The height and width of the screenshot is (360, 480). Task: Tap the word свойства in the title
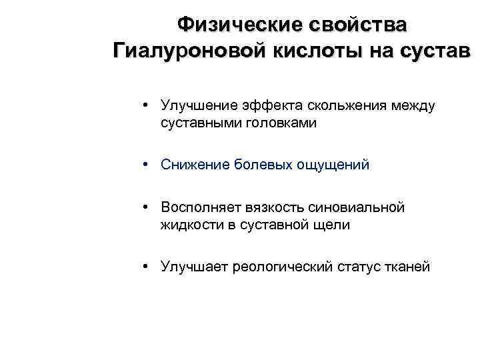[x=357, y=25]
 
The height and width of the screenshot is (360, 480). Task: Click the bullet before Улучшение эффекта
[x=145, y=105]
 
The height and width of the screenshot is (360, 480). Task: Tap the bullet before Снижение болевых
[x=145, y=165]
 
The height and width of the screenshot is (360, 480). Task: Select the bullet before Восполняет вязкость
[x=145, y=208]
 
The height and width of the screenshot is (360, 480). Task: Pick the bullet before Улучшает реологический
[x=145, y=267]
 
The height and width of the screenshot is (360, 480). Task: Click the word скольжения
[x=349, y=105]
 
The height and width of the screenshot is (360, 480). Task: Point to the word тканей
[x=406, y=267]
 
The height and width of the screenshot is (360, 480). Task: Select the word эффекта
[x=270, y=105]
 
